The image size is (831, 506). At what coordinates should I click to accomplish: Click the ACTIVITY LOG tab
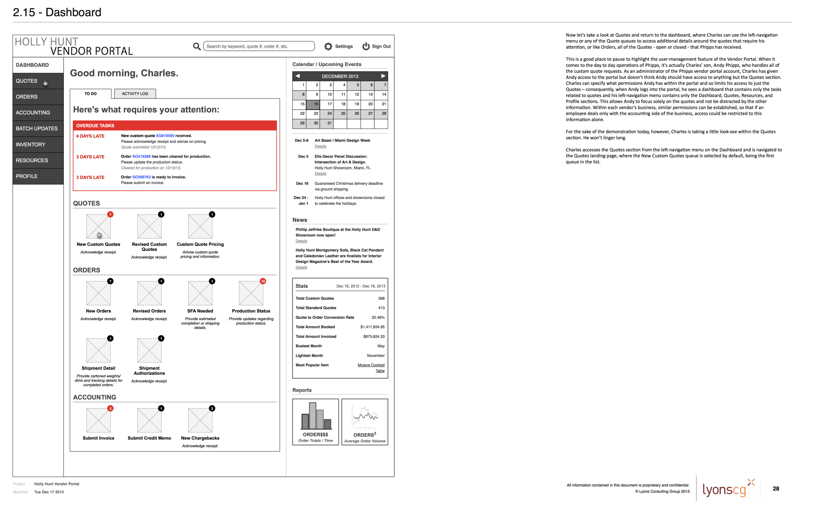coord(135,94)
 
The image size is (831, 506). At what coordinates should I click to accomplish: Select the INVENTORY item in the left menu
coord(30,144)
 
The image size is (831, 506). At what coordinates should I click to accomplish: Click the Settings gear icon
coord(328,47)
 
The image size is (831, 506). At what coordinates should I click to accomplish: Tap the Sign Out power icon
coord(366,47)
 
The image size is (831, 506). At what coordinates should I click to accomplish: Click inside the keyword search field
coord(259,46)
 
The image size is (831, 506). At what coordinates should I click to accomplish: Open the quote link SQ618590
coord(165,136)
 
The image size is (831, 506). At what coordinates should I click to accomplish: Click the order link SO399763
coord(141,177)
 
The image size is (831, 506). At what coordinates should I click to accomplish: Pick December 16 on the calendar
coord(313,104)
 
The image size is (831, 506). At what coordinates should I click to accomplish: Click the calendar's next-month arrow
coord(383,76)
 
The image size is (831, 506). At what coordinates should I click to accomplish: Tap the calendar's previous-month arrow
coord(297,76)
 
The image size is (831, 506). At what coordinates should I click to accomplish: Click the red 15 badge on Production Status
coord(263,281)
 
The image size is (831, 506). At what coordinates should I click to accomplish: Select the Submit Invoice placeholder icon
coord(98,420)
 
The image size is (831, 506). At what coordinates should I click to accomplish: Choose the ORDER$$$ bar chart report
coord(315,422)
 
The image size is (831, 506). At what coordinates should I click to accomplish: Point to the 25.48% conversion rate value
coord(378,317)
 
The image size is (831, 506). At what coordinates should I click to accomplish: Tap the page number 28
coord(776,488)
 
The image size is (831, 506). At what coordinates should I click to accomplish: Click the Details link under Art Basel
coord(320,146)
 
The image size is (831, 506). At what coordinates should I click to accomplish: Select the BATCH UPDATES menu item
coord(37,129)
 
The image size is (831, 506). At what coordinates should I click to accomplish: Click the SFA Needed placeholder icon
coord(200,293)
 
